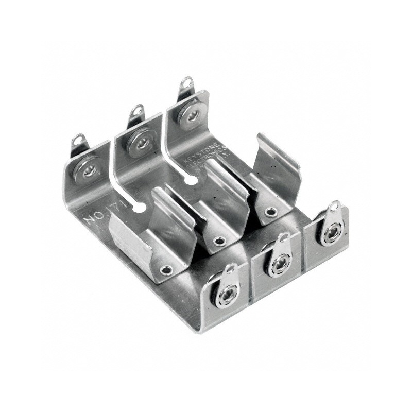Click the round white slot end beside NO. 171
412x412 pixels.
click(138, 208)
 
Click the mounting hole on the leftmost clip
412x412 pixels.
click(166, 269)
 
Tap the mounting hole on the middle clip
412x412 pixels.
click(219, 241)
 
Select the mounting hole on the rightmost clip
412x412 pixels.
click(270, 212)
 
